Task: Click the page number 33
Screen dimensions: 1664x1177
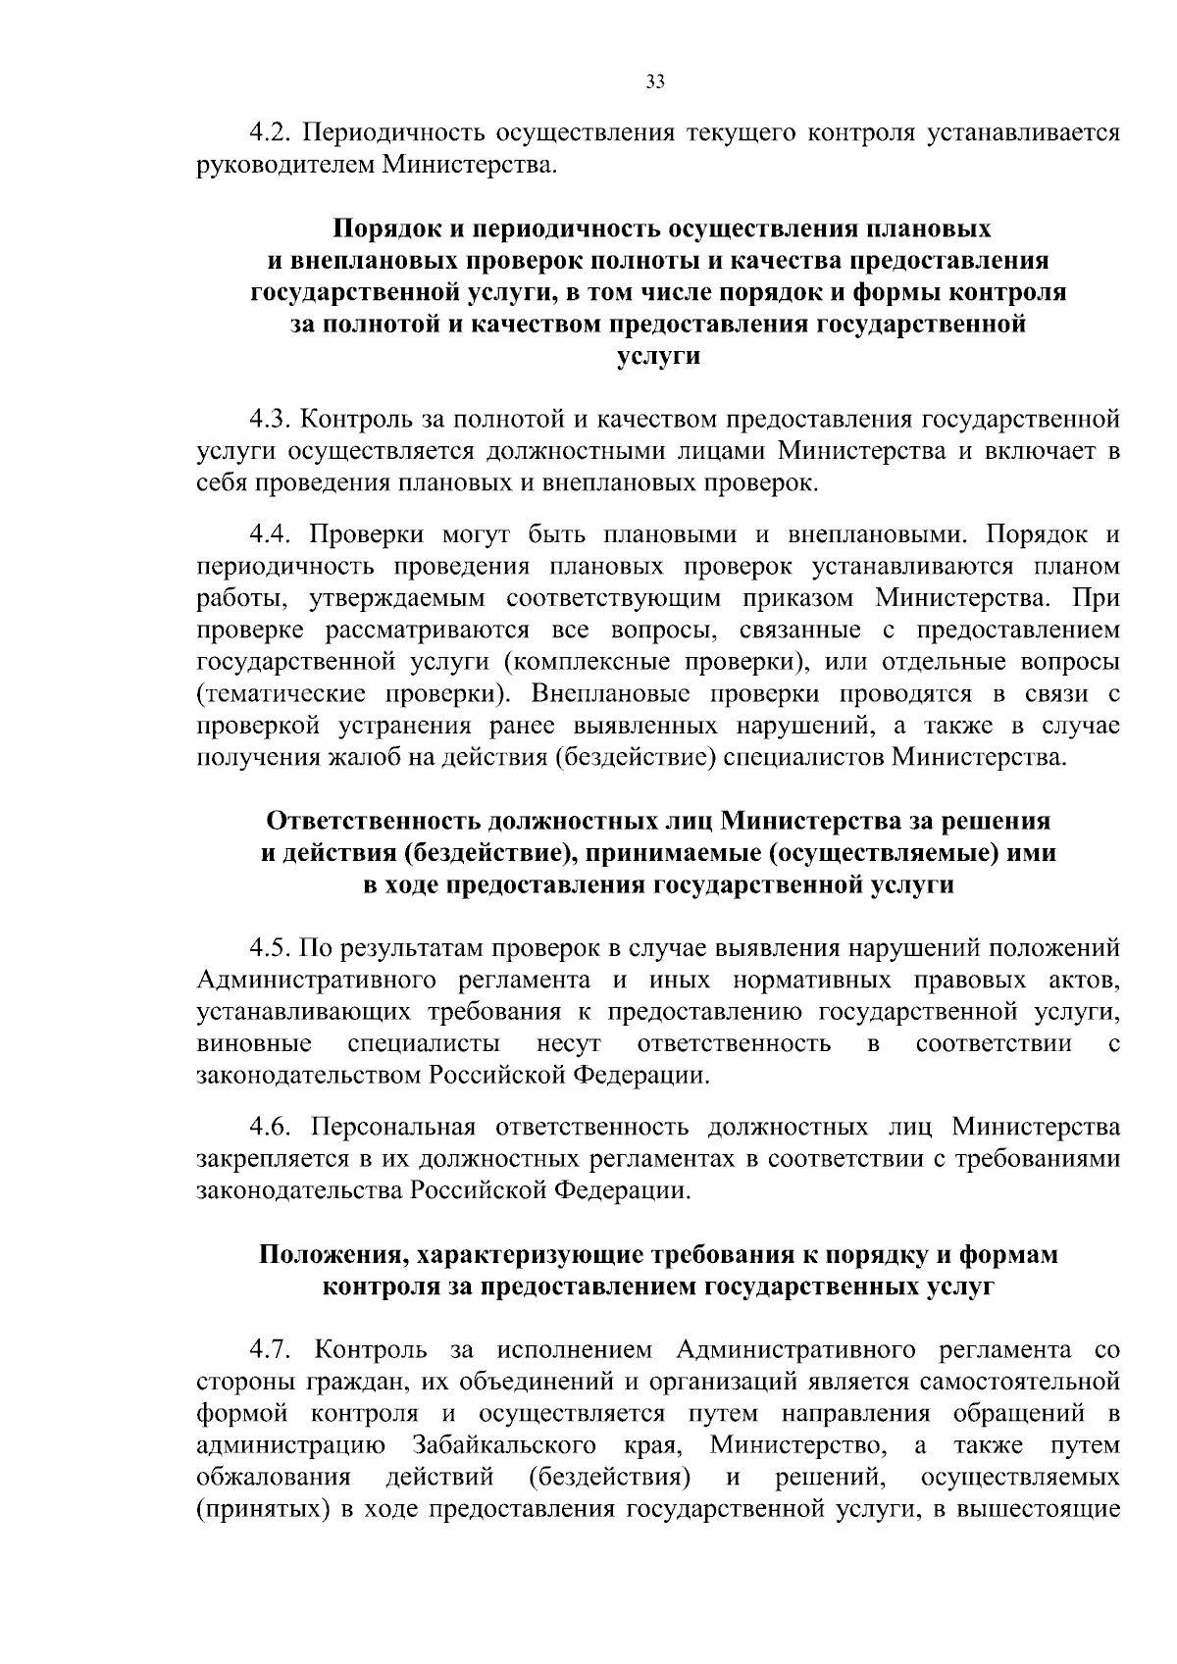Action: point(656,82)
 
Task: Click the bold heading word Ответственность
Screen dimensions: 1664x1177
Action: point(372,821)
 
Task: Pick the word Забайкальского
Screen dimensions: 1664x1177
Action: point(505,1445)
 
